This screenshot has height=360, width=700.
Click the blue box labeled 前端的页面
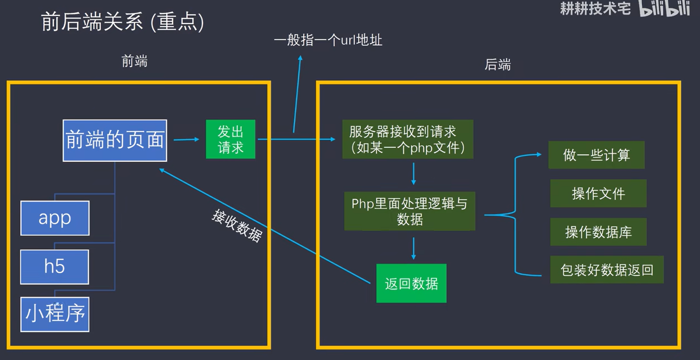pyautogui.click(x=115, y=140)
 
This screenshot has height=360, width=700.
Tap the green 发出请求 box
pyautogui.click(x=230, y=139)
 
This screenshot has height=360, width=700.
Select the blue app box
pyautogui.click(x=55, y=218)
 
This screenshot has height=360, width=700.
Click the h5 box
pyautogui.click(x=54, y=266)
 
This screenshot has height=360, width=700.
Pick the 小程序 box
pyautogui.click(x=55, y=314)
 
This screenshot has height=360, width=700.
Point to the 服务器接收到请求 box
pyautogui.click(x=408, y=139)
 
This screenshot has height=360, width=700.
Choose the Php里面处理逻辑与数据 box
pyautogui.click(x=409, y=211)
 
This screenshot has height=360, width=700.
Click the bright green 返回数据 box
pyautogui.click(x=411, y=283)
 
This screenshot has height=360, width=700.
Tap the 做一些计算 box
pyautogui.click(x=597, y=155)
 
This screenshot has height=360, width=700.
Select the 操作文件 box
pyautogui.click(x=598, y=193)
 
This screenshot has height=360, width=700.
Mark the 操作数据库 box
pyautogui.click(x=598, y=232)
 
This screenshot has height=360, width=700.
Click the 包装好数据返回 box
pyautogui.click(x=607, y=270)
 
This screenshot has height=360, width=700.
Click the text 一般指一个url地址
pyautogui.click(x=328, y=40)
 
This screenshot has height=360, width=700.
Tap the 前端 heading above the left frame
pyautogui.click(x=135, y=61)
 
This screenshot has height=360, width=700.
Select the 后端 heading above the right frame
pyautogui.click(x=498, y=65)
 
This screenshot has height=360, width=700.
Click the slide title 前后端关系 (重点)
pyautogui.click(x=122, y=22)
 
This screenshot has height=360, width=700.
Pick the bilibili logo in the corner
pyautogui.click(x=664, y=9)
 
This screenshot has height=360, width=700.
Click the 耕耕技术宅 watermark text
pyautogui.click(x=595, y=8)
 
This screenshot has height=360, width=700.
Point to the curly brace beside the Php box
pyautogui.click(x=515, y=215)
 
